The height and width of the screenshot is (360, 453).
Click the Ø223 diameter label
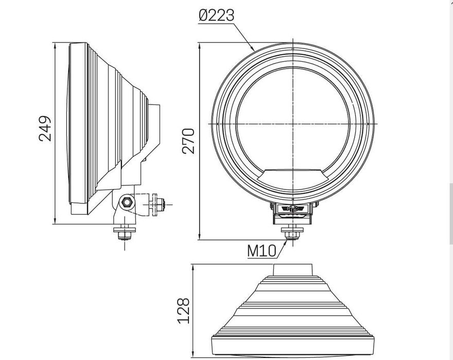tap(216, 15)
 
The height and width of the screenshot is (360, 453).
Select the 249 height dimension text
tap(45, 128)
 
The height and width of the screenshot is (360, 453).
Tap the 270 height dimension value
tap(189, 140)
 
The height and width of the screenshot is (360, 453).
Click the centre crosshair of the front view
tap(292, 124)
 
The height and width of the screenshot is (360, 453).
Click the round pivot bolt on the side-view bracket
tap(126, 201)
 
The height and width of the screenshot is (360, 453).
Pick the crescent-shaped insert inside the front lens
tap(292, 178)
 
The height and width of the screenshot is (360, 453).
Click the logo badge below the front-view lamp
tap(292, 208)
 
